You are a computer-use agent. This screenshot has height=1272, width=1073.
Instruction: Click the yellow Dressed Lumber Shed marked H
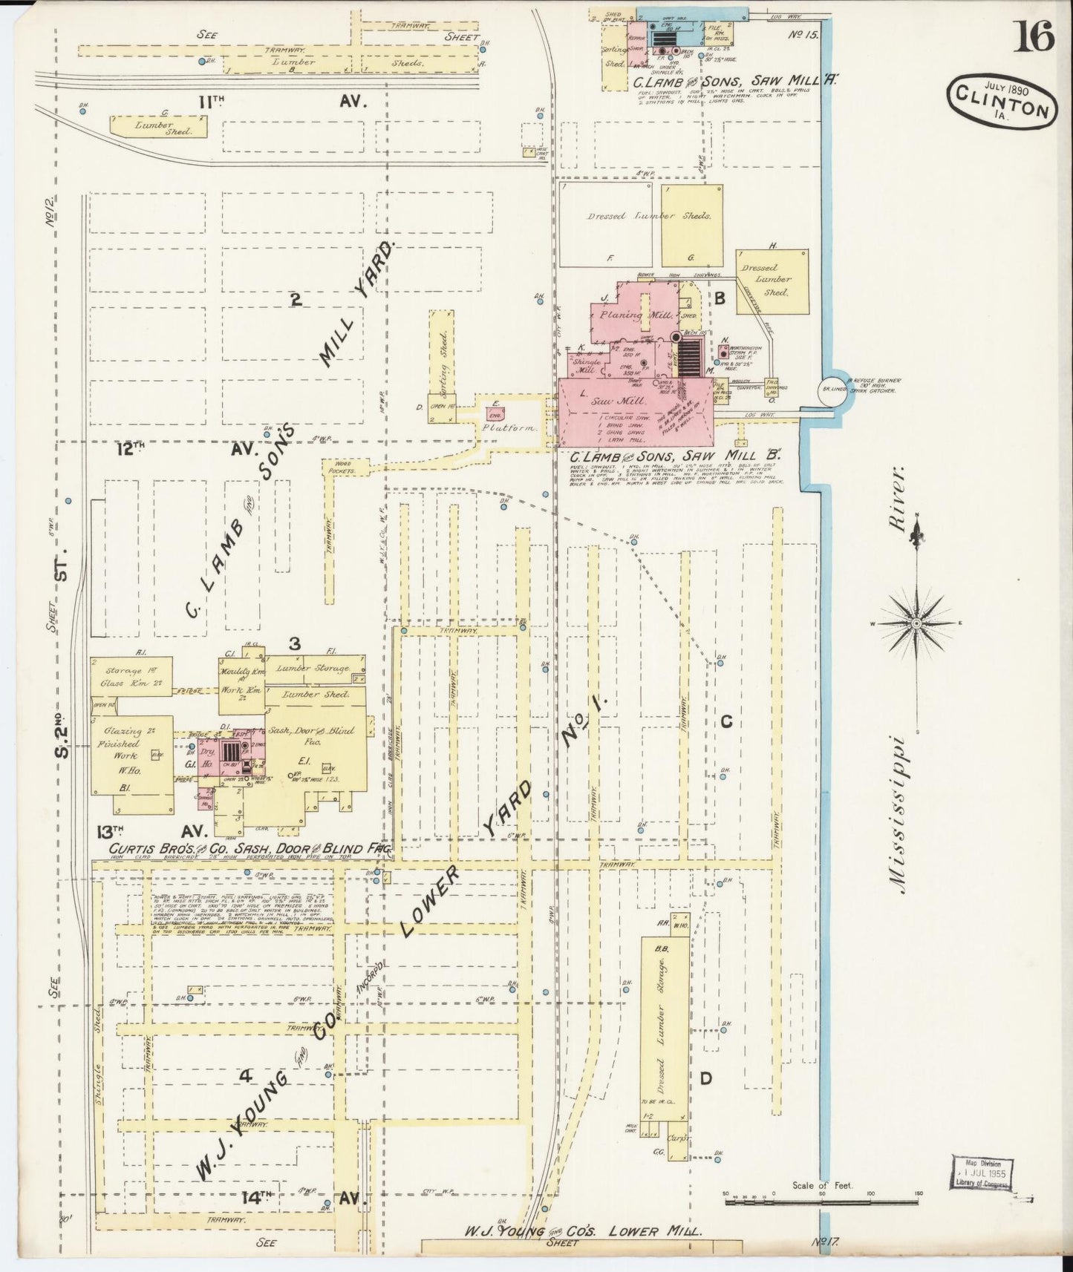tap(772, 281)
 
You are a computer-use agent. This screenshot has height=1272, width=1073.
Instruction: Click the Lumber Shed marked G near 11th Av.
tap(158, 126)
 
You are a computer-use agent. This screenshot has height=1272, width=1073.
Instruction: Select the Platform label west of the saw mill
tap(509, 428)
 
